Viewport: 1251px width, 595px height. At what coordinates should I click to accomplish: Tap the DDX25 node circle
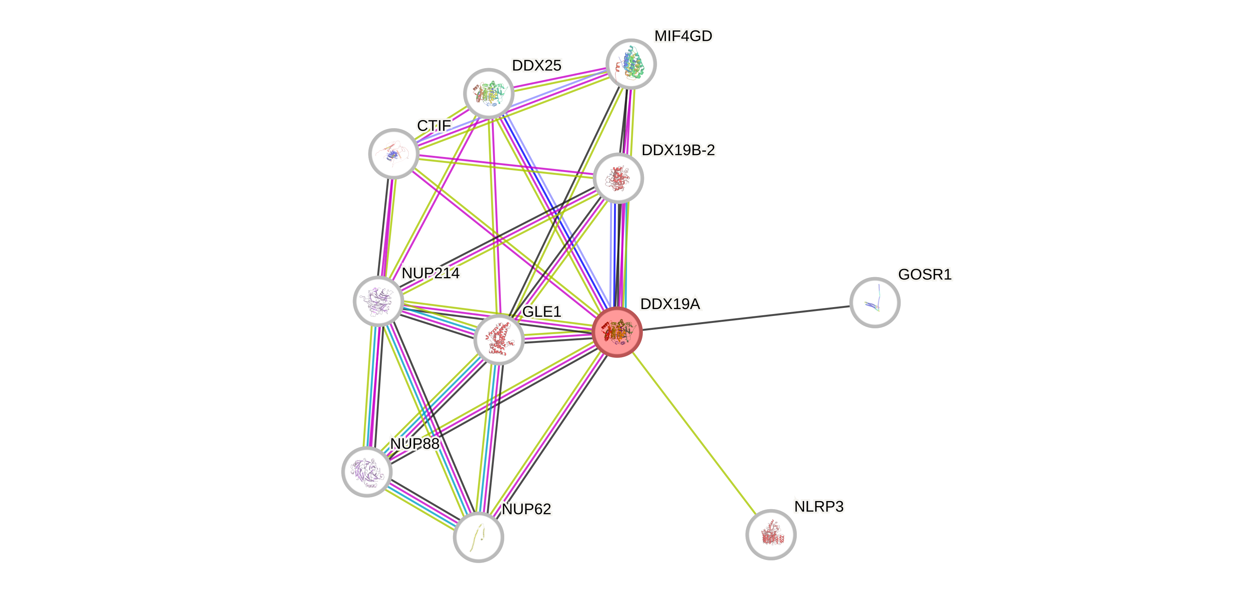[488, 93]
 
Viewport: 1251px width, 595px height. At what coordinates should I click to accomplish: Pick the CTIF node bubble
[394, 154]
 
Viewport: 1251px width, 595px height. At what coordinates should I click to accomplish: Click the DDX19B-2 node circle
[618, 178]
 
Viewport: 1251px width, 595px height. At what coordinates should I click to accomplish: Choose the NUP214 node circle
[378, 301]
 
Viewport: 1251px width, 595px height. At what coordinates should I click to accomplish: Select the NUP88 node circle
[367, 471]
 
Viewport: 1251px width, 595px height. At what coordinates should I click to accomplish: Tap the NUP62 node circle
[478, 537]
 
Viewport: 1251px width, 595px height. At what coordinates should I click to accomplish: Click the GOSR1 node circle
[875, 303]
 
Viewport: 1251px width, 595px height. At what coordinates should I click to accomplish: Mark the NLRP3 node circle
[771, 534]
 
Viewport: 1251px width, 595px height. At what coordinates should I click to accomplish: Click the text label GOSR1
[925, 274]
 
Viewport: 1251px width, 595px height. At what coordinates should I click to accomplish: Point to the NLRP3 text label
[819, 506]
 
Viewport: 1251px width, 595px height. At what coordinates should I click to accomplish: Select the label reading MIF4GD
[683, 36]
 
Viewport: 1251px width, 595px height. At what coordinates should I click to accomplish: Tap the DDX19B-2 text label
[678, 150]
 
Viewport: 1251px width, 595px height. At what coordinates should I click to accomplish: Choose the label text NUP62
[527, 509]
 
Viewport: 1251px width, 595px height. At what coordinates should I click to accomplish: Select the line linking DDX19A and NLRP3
[694, 432]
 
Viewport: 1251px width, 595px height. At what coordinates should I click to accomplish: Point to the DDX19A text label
[670, 304]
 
